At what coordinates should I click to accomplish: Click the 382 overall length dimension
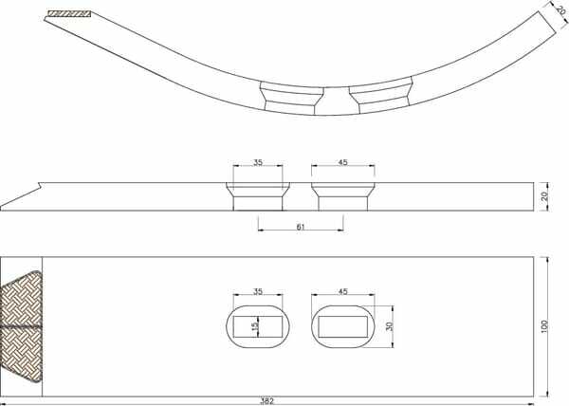267,401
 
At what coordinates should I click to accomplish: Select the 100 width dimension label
544,327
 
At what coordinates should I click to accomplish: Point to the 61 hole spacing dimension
301,227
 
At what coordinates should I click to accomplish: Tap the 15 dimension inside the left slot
256,325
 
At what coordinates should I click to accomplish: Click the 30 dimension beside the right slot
390,326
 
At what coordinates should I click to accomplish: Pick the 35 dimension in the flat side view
258,162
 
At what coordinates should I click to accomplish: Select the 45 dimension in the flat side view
343,162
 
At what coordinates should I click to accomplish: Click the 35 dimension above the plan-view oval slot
258,291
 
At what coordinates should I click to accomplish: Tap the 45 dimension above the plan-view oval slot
343,291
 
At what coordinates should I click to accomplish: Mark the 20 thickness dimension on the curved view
560,10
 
